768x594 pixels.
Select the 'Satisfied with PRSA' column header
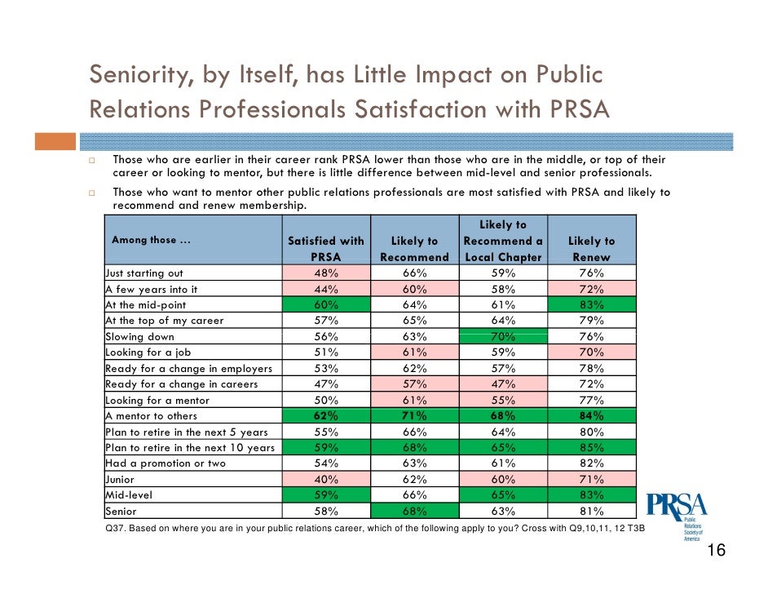tap(326, 249)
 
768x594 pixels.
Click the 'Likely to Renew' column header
tap(591, 249)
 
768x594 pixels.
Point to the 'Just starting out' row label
tap(144, 273)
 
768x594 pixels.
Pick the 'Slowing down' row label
tap(139, 336)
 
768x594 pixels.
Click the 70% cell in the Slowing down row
tap(503, 336)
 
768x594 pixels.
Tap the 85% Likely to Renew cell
tap(591, 447)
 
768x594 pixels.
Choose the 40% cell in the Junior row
tap(326, 479)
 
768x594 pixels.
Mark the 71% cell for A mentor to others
tap(414, 415)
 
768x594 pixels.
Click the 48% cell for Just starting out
tap(326, 273)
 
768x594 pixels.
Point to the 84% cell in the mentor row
tap(591, 415)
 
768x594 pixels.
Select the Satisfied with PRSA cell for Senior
tap(326, 511)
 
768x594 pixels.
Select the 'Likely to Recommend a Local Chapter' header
tap(503, 241)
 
